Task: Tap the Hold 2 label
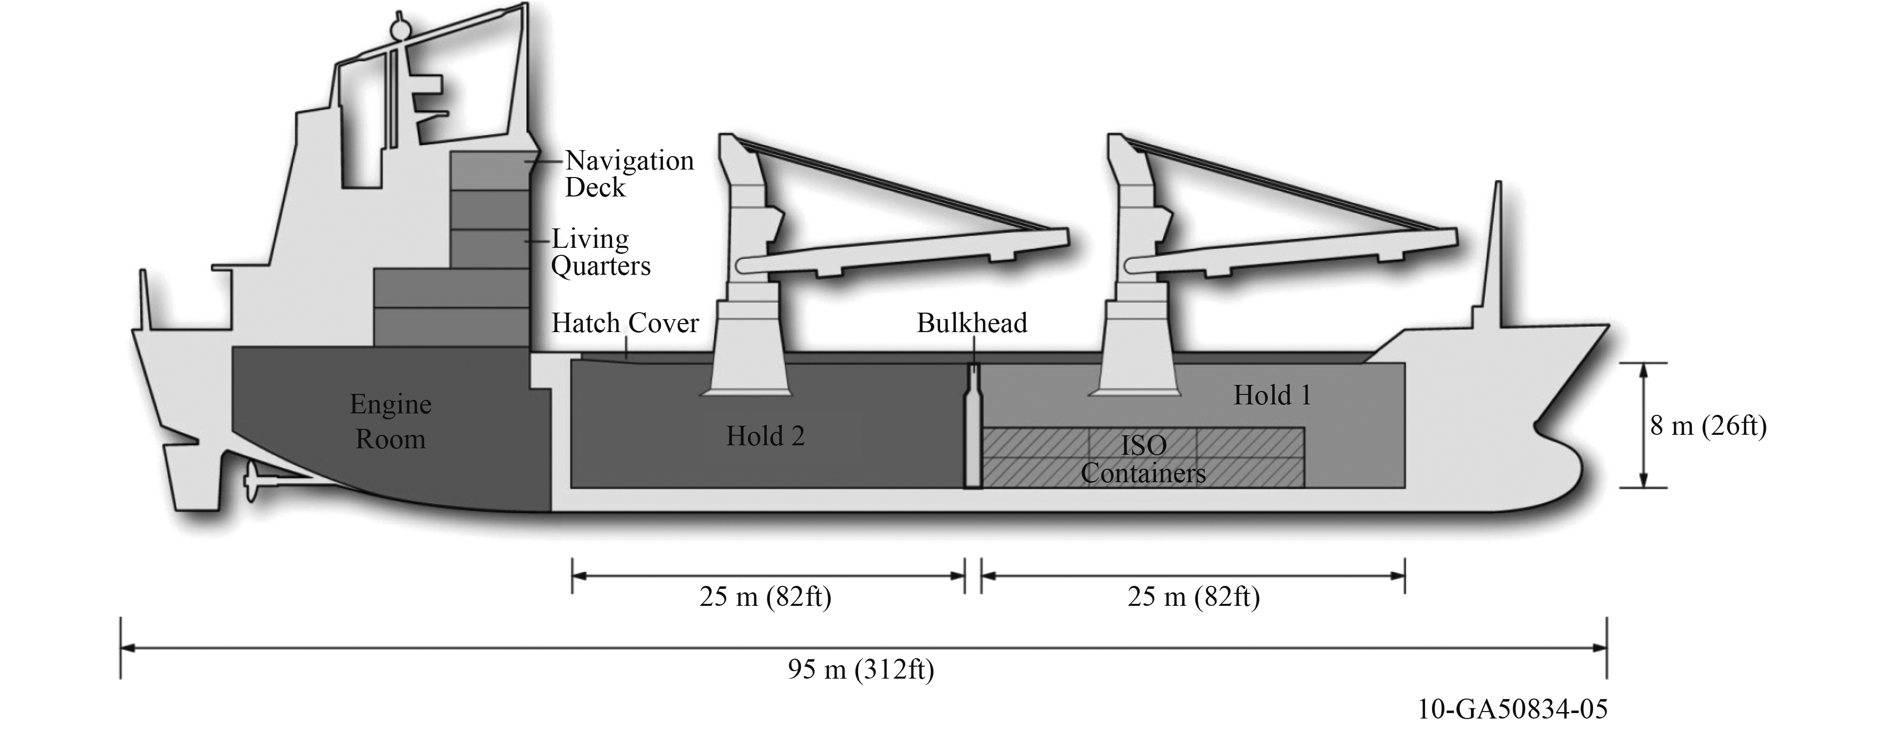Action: (x=765, y=436)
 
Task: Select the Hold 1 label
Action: (x=1272, y=395)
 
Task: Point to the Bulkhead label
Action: (x=971, y=323)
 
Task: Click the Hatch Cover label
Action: (x=625, y=323)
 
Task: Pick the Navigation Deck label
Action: (x=629, y=174)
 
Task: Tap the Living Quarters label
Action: (x=600, y=252)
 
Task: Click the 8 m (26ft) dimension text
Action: (x=1708, y=425)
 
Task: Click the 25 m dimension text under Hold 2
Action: (x=765, y=596)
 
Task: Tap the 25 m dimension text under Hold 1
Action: (x=1193, y=596)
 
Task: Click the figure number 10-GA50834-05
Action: (x=1513, y=709)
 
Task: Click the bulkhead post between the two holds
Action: (x=972, y=432)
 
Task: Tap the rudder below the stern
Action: (x=192, y=476)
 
